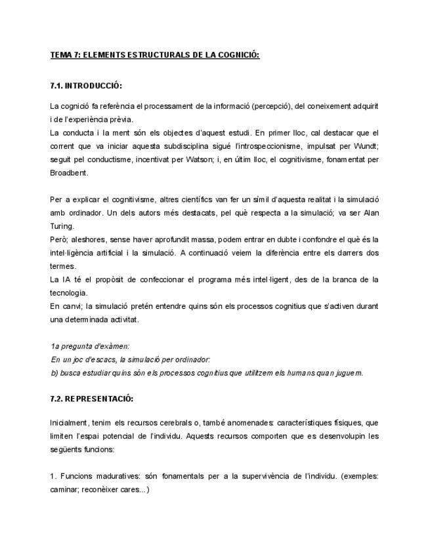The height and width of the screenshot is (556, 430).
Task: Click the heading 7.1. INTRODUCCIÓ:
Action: (86, 86)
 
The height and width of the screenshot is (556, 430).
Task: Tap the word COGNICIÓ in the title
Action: (240, 54)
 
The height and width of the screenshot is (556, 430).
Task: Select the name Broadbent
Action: (69, 173)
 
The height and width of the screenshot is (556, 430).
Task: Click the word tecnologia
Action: (68, 292)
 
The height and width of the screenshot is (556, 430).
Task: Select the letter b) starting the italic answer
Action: (54, 372)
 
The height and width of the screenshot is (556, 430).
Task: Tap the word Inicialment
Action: (69, 423)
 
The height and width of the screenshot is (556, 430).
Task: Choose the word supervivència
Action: (262, 475)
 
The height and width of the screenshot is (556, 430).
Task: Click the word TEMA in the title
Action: (61, 54)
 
